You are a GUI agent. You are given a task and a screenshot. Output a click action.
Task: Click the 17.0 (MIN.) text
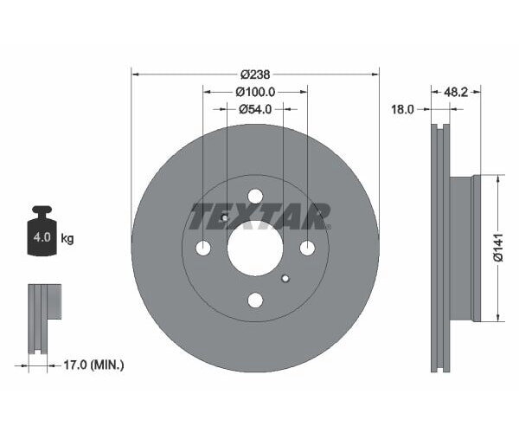pyautogui.click(x=95, y=365)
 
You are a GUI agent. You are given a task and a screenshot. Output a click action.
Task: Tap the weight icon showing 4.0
pyautogui.click(x=42, y=234)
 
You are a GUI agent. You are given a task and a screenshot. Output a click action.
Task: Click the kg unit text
pyautogui.click(x=67, y=237)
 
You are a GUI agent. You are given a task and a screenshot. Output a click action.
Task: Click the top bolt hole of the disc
pyautogui.click(x=254, y=197)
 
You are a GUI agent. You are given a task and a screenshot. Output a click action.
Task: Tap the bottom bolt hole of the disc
pyautogui.click(x=254, y=301)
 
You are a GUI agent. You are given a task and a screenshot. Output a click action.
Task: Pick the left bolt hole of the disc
pyautogui.click(x=203, y=249)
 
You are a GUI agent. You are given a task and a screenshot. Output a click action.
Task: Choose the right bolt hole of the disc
pyautogui.click(x=306, y=249)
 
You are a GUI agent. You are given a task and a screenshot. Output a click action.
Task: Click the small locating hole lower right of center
pyautogui.click(x=285, y=278)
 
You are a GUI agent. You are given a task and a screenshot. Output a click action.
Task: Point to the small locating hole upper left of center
pyautogui.click(x=224, y=218)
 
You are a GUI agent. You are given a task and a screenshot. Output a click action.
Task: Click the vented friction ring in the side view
pyautogui.click(x=440, y=249)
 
